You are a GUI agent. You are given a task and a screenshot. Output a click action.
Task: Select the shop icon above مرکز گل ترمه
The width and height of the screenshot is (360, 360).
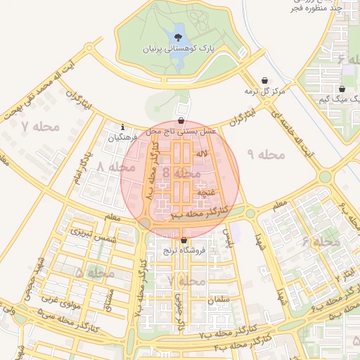pyautogui.click(x=264, y=81)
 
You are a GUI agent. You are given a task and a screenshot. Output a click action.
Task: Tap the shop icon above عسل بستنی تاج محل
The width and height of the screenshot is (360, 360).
pyautogui.click(x=182, y=120)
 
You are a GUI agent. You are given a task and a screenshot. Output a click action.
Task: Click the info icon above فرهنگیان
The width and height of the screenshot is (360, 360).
pyautogui.click(x=123, y=127)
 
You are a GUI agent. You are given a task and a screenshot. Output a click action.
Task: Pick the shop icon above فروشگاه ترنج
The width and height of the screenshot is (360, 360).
pyautogui.click(x=184, y=240)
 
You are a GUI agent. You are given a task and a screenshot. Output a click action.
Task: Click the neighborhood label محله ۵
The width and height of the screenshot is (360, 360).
pyautogui.click(x=88, y=271)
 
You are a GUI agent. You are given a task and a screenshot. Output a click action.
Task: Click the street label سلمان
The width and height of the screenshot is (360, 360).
pyautogui.click(x=219, y=300)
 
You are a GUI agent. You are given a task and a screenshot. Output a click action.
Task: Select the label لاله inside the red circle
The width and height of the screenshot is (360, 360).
pyautogui.click(x=201, y=153)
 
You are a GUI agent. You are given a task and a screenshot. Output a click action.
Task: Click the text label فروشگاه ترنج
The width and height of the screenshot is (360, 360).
pyautogui.click(x=183, y=250)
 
